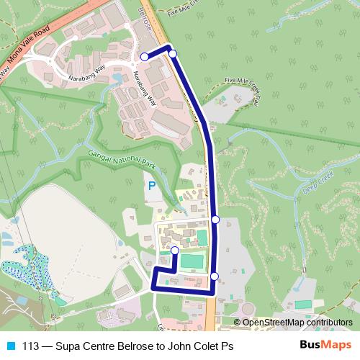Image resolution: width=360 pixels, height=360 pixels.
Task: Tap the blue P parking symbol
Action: [151, 186]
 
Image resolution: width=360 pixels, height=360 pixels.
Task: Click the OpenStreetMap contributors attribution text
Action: [297, 323]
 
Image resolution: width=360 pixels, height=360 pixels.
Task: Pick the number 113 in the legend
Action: [31, 346]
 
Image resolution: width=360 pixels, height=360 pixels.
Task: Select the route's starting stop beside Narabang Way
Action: [144, 56]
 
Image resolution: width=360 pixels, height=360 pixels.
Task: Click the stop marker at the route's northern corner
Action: [172, 53]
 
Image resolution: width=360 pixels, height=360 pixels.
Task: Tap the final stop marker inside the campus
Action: [174, 250]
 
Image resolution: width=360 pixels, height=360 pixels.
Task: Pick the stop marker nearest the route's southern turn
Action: [215, 276]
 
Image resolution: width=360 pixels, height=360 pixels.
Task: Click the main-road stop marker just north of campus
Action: [215, 219]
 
